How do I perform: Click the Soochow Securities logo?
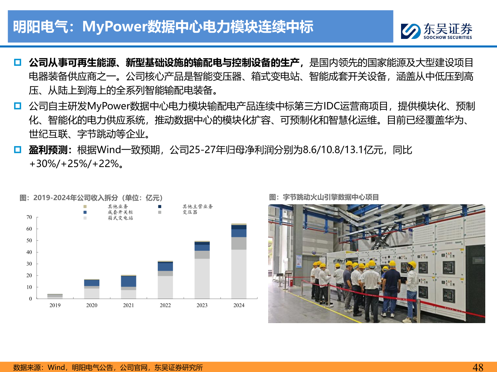[436, 31]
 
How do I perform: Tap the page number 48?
[478, 367]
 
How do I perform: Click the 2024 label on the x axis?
[239, 305]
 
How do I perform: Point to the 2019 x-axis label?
[55, 305]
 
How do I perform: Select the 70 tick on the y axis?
[29, 217]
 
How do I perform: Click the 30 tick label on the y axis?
[29, 264]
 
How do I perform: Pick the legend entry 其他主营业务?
[197, 207]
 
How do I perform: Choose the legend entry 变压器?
[190, 212]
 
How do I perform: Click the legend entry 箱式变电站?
[120, 218]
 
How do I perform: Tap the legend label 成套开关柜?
[120, 212]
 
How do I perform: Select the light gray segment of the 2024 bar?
[239, 274]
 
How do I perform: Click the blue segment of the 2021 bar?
[128, 281]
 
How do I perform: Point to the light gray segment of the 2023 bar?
[202, 278]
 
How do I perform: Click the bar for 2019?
[55, 296]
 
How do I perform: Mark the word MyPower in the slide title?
[115, 27]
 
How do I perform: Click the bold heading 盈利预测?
[48, 150]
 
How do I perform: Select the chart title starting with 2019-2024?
[91, 198]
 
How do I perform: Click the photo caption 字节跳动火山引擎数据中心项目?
[331, 197]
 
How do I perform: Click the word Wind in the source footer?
[56, 368]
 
